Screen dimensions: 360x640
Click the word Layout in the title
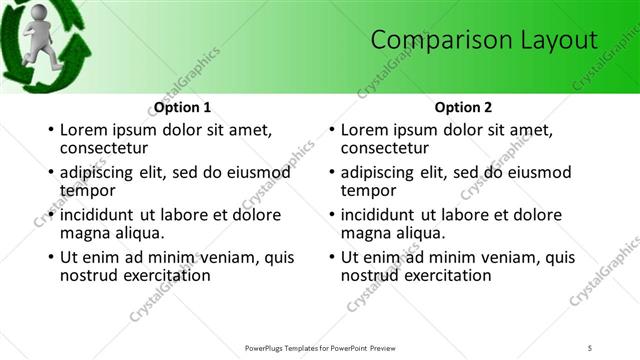pyautogui.click(x=556, y=40)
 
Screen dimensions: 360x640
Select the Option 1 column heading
pyautogui.click(x=183, y=107)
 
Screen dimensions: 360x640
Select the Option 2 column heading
pyautogui.click(x=463, y=107)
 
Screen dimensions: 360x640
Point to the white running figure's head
pyautogui.click(x=37, y=16)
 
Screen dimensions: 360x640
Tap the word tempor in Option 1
pyautogui.click(x=88, y=189)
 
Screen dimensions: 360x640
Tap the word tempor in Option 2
pyautogui.click(x=368, y=189)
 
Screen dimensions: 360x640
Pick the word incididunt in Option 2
pyautogui.click(x=379, y=215)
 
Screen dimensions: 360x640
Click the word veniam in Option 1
pyautogui.click(x=232, y=257)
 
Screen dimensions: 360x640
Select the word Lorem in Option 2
pyautogui.click(x=364, y=130)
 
